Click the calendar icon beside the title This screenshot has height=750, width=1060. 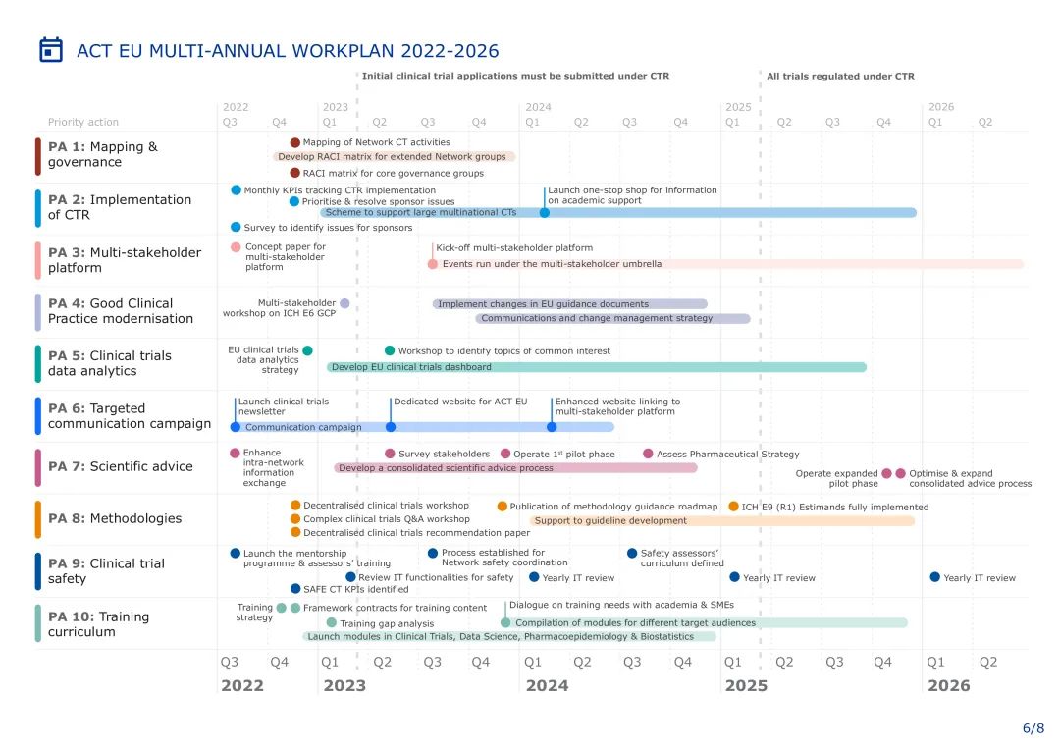51,50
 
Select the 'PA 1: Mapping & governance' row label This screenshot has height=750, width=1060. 102,154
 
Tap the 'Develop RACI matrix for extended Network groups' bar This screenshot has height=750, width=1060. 394,156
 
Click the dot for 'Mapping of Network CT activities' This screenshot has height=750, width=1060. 295,142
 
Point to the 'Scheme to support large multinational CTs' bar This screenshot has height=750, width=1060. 618,212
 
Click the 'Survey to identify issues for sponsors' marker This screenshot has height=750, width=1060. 236,227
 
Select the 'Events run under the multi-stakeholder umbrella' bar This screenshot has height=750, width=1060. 727,264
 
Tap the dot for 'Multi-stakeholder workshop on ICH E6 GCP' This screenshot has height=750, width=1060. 344,303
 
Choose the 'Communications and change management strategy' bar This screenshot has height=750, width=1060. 613,318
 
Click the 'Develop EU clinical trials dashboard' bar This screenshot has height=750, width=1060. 597,367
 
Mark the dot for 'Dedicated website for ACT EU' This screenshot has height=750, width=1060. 391,427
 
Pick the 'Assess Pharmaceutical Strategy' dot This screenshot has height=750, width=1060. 648,454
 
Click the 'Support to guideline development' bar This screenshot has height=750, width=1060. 722,520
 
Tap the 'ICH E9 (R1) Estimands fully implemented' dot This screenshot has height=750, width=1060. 733,507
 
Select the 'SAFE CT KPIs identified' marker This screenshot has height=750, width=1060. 295,589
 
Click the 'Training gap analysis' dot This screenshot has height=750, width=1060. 332,622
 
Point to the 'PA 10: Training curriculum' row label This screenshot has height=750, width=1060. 98,623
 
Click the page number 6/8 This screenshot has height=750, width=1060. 1033,728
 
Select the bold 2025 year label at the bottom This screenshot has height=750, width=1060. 745,686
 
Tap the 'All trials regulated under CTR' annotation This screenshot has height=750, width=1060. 840,76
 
